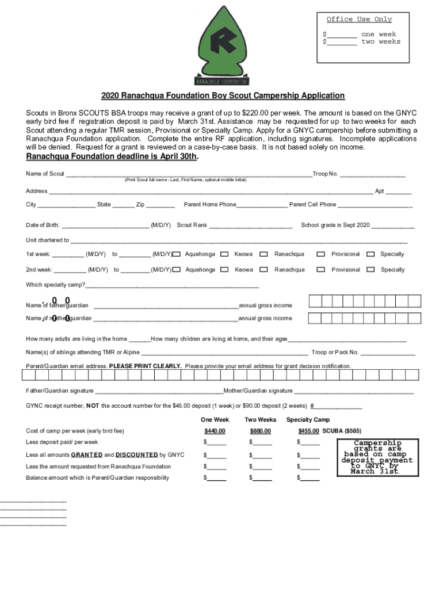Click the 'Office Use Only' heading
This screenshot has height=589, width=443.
[359, 20]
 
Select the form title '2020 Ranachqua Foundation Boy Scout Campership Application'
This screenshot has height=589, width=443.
[223, 95]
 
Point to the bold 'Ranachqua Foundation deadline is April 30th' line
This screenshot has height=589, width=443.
[112, 157]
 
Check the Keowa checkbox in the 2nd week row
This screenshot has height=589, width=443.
[224, 270]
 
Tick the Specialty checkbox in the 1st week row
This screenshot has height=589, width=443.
[371, 254]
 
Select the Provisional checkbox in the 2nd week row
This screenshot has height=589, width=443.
[322, 270]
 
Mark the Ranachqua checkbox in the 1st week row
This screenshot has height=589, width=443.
[263, 254]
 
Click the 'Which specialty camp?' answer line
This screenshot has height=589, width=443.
[172, 285]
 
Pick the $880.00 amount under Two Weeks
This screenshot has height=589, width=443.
[260, 431]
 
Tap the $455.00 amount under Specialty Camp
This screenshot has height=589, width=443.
[309, 431]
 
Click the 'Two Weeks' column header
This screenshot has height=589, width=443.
[260, 419]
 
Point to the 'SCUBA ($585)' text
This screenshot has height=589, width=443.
[342, 431]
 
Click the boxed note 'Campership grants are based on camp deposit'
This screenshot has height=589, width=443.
[377, 457]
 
